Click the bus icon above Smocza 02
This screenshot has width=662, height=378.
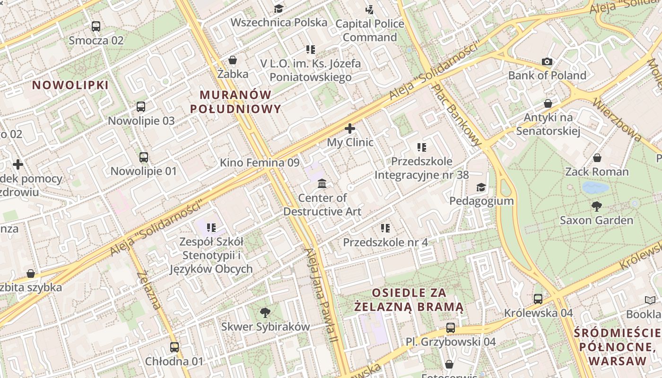[x=96, y=26]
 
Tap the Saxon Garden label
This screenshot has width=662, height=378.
[x=596, y=220]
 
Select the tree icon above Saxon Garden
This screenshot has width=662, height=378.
[x=596, y=206]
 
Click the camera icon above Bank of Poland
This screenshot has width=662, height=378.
[x=547, y=62]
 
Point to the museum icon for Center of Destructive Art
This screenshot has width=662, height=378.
[x=322, y=183]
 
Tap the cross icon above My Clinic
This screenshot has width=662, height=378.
[x=350, y=129]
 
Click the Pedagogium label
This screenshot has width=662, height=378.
[x=481, y=201]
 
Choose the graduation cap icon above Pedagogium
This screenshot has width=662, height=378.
[x=481, y=187]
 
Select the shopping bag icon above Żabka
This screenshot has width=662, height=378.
[x=233, y=60]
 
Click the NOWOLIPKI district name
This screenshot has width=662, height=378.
[x=70, y=85]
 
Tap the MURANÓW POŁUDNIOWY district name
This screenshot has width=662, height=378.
[x=235, y=101]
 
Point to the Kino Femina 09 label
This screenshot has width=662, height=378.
[x=260, y=163]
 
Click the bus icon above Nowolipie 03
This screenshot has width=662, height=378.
[x=141, y=107]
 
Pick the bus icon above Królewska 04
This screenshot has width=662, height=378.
[x=538, y=299]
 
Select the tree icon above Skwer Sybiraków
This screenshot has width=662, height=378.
[x=265, y=312]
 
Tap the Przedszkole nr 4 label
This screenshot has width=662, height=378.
[x=385, y=242]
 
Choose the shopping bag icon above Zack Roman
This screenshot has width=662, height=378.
[x=597, y=158]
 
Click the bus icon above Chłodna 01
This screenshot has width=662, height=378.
[x=174, y=347]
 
